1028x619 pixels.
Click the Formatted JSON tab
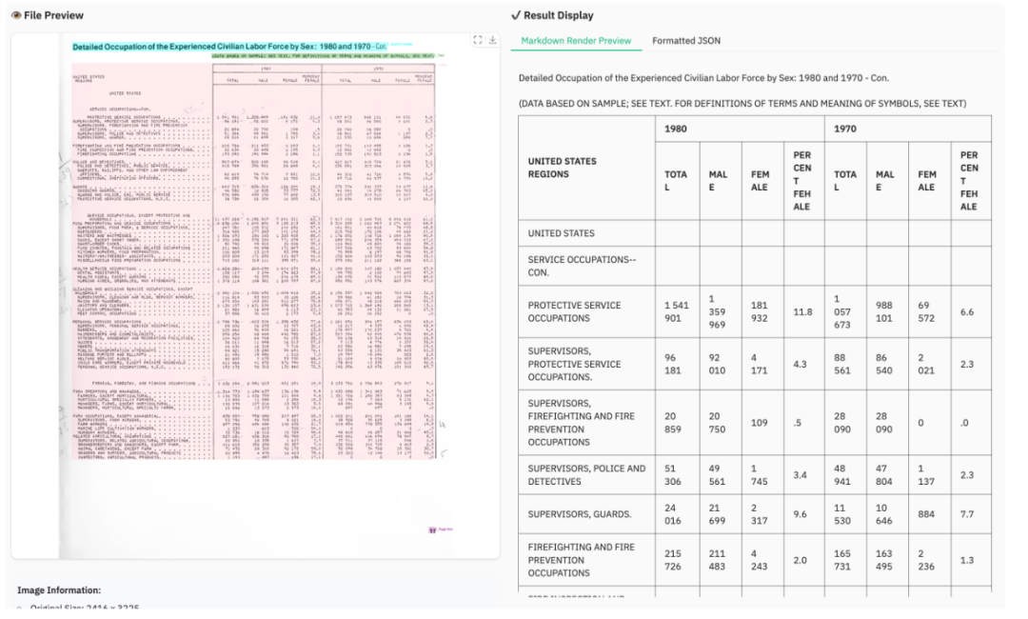(686, 41)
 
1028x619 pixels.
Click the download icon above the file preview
(493, 40)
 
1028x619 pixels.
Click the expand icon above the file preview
(478, 40)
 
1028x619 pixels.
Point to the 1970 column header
(844, 129)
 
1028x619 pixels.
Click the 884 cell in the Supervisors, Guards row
(927, 514)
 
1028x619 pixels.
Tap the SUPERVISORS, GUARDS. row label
(580, 514)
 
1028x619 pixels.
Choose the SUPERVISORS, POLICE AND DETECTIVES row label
(586, 474)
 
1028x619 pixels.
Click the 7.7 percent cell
(968, 514)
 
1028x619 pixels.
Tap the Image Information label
(59, 590)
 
